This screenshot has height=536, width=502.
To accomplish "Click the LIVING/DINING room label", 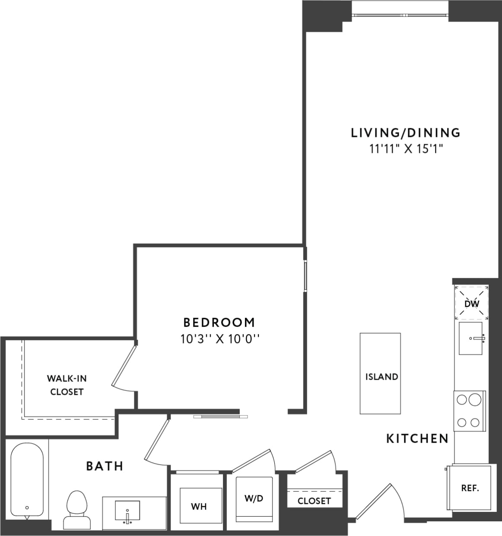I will click(405, 133).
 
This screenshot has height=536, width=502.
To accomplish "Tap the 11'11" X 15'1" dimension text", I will click(405, 149).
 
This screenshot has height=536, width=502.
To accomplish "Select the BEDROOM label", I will click(219, 323).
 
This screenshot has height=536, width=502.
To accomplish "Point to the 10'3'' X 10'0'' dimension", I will click(219, 339).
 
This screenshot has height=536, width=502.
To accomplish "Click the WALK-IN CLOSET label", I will click(67, 385).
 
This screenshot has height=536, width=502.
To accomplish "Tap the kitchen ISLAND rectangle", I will click(381, 374).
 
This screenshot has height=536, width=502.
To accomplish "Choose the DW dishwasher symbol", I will click(471, 304).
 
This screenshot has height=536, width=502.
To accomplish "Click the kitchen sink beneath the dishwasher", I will click(470, 338).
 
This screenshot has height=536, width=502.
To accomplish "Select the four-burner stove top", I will click(469, 411).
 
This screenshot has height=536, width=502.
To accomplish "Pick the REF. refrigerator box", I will click(470, 488).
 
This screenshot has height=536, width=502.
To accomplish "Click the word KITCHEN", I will click(417, 439).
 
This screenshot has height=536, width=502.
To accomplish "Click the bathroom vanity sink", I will click(127, 511).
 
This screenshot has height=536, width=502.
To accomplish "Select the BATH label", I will click(105, 466).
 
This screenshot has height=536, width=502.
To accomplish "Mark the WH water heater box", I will click(199, 506).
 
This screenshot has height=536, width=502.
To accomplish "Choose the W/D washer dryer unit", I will click(254, 499).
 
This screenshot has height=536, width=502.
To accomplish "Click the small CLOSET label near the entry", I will click(314, 501).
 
